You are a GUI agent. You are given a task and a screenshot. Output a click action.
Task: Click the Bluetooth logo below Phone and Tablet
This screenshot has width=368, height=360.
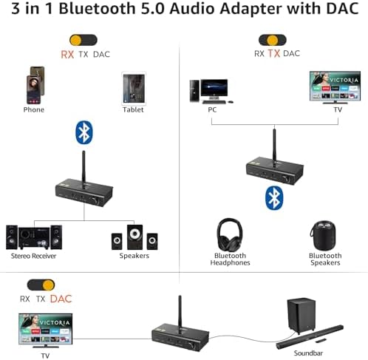point(84,132)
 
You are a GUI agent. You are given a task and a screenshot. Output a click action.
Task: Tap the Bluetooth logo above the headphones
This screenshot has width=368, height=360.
point(274,198)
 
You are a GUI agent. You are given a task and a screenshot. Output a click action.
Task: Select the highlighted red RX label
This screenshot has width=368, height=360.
point(67,55)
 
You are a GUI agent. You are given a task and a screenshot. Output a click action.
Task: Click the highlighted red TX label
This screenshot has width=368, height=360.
point(274,53)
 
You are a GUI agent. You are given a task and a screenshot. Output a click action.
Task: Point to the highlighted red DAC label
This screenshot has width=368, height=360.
point(61,299)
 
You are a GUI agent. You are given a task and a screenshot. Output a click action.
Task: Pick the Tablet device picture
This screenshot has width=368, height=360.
point(134,88)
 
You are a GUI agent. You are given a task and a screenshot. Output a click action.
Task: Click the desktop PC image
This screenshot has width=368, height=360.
point(211,92)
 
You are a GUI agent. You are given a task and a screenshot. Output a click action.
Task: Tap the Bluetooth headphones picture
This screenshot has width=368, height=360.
point(230,234)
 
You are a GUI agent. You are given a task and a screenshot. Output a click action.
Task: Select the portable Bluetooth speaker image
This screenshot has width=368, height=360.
point(323,236)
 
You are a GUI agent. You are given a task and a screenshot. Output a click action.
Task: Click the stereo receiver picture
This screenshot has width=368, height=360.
point(34,237)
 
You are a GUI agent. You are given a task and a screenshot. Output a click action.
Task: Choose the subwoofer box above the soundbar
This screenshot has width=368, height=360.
point(301,316)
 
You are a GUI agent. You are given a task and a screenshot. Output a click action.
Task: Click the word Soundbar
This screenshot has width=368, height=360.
point(308,353)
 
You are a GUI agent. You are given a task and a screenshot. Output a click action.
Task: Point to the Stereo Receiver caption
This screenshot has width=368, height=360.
point(33,256)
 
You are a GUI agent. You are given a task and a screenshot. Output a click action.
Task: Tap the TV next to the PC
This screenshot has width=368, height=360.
point(335,87)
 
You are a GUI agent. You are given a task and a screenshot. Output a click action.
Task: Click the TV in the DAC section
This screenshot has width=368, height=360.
point(46,330)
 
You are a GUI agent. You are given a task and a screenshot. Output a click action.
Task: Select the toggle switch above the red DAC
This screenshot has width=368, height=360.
point(41,285)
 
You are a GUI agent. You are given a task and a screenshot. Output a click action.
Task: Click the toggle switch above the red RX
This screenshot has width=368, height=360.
point(84,40)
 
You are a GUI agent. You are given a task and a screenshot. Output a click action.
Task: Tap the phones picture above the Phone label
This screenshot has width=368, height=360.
point(35,85)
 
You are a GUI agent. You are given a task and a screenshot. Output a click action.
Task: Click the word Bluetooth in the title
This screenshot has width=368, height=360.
point(98,8)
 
